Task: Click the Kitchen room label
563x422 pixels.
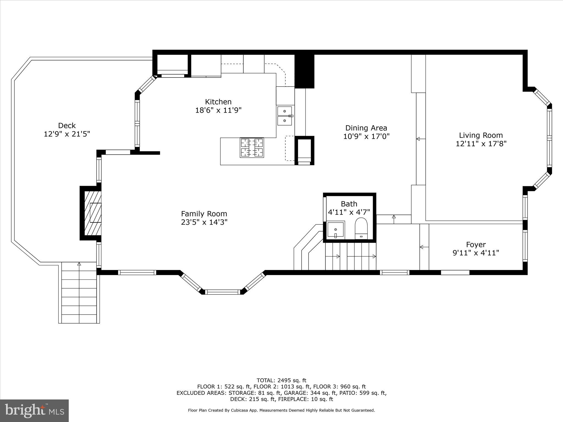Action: (218, 102)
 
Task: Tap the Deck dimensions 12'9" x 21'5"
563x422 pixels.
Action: (67, 134)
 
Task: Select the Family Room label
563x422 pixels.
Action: (204, 214)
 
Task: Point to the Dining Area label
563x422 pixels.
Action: (366, 128)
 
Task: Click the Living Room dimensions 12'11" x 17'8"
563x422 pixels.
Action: (481, 144)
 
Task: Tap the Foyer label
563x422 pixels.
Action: (476, 245)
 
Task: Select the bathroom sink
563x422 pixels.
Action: (335, 230)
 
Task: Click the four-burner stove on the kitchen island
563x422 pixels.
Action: (252, 148)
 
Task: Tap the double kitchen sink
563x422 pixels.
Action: (285, 116)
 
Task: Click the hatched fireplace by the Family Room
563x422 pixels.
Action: (92, 213)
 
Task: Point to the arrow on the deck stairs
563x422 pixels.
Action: (79, 264)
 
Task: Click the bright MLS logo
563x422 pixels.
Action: (34, 410)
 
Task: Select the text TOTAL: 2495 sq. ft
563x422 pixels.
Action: (281, 381)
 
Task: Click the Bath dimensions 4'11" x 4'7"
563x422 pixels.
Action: (349, 212)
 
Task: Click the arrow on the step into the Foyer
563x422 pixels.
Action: (424, 247)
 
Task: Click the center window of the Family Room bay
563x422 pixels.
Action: (223, 292)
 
